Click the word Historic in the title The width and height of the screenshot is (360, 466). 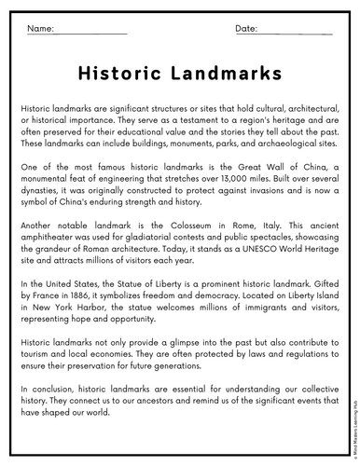pyautogui.click(x=117, y=74)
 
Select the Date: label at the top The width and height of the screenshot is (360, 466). pyautogui.click(x=246, y=30)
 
